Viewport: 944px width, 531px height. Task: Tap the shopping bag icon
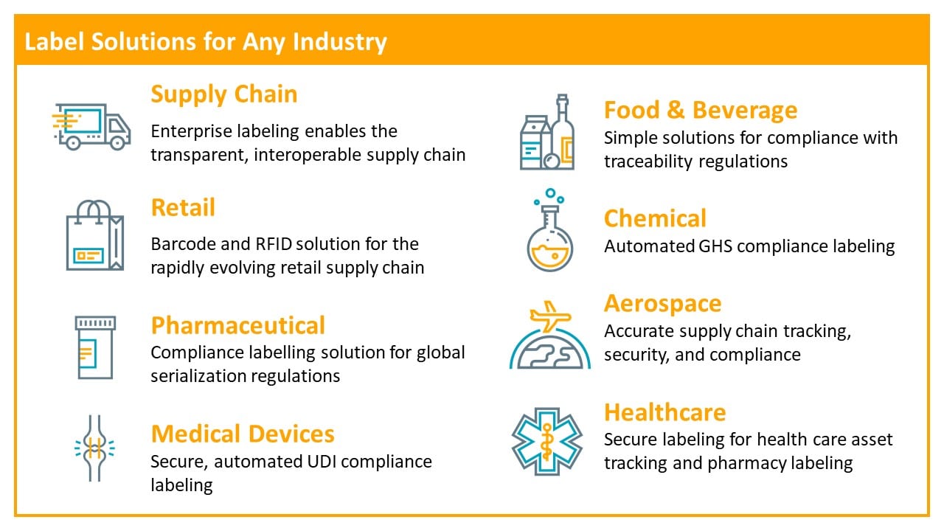coord(95,235)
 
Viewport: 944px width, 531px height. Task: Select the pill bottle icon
coord(95,347)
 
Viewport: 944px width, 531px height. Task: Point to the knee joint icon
coord(94,448)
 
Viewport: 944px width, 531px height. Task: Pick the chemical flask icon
coord(550,230)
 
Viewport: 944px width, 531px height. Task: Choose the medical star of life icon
coord(547,441)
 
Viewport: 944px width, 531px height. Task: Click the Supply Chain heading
coord(223,94)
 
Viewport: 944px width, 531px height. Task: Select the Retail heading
coord(183,207)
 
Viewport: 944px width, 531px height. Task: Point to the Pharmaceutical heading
coord(238,325)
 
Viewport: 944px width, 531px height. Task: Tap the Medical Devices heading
coord(243,434)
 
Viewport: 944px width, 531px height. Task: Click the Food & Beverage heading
coord(701,110)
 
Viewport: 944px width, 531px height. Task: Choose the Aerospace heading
coord(662,303)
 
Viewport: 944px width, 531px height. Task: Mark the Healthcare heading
coord(664,412)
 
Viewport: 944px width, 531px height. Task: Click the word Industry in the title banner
coord(339,42)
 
